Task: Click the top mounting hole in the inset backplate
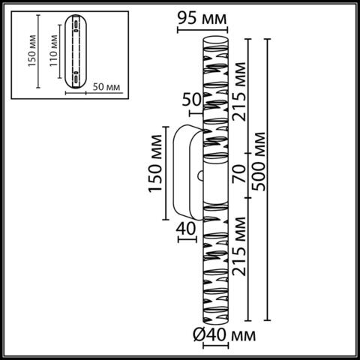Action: (x=76, y=28)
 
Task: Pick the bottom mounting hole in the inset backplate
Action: (x=76, y=77)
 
